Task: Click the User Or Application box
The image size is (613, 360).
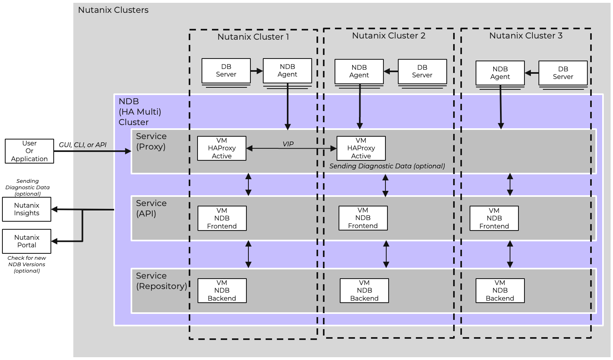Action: [x=29, y=151]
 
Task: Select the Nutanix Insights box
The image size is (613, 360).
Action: [x=26, y=209]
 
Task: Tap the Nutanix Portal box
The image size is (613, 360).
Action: [x=26, y=241]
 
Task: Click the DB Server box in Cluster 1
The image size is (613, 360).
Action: [x=226, y=71]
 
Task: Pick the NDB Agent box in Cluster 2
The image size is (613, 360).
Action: [x=359, y=71]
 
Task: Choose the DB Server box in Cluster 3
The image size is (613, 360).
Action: [x=563, y=73]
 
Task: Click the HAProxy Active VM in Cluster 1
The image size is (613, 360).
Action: [x=222, y=148]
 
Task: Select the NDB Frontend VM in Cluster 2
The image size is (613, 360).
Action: [x=363, y=218]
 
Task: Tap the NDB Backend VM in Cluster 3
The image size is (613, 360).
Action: [x=500, y=291]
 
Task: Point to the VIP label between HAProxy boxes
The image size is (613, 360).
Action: [x=288, y=144]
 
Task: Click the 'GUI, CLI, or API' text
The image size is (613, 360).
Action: [x=83, y=145]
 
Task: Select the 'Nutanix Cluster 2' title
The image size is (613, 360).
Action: [x=389, y=36]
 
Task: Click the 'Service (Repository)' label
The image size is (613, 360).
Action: [x=161, y=281]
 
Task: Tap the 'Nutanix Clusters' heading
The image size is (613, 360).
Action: [x=113, y=10]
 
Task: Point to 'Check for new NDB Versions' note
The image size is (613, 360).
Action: [x=26, y=265]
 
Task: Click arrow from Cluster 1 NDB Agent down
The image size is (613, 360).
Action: [x=288, y=106]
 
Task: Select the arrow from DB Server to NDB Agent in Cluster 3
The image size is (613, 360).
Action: [x=532, y=73]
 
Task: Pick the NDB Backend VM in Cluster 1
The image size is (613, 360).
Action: [x=222, y=291]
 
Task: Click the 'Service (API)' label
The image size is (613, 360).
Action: [x=151, y=208]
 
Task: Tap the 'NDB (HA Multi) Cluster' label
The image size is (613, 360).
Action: [x=139, y=112]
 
